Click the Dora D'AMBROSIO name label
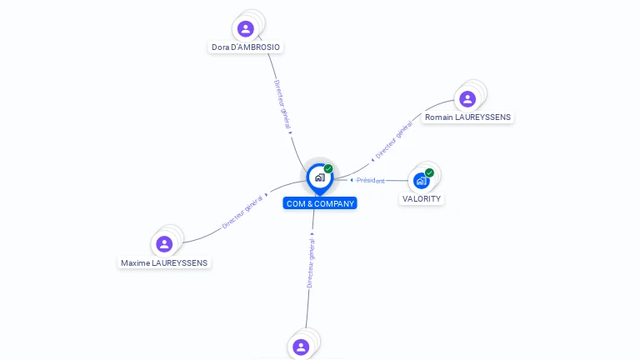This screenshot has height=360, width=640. (246, 47)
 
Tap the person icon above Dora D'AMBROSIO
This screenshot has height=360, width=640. (245, 29)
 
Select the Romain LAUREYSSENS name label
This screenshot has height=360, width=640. (467, 117)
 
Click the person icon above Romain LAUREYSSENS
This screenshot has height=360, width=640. (467, 99)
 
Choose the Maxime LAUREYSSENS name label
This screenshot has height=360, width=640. (164, 262)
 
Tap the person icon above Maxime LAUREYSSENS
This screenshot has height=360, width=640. (164, 244)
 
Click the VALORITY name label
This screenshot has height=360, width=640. (422, 199)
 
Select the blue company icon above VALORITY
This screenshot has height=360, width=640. (422, 180)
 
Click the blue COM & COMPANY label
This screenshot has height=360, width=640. (320, 203)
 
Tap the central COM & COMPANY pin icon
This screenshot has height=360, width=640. (319, 177)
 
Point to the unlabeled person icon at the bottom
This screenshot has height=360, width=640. (302, 347)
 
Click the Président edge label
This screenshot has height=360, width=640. (371, 180)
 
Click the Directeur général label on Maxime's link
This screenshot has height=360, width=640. (242, 213)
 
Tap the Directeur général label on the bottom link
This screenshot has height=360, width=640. (311, 262)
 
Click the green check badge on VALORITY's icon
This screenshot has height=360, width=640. (429, 172)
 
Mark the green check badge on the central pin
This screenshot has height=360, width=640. (328, 169)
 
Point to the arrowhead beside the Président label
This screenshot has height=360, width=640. (352, 180)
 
